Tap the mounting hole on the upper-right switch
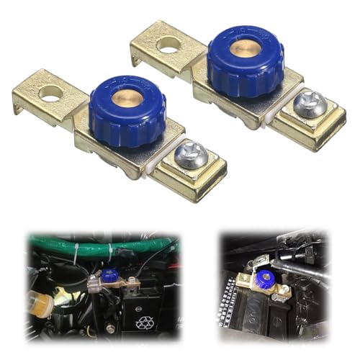tap(168, 45)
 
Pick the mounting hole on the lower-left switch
tap(50, 92)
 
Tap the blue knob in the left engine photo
tap(109, 276)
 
